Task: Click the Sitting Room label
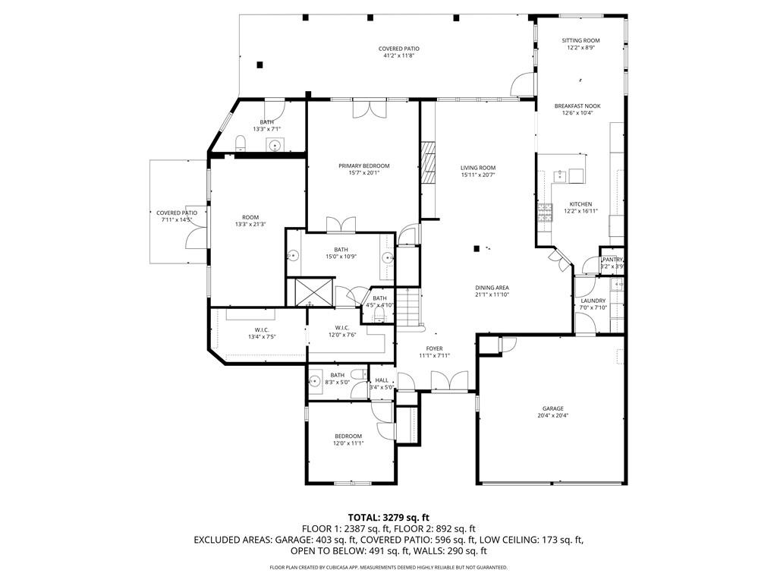click(580, 40)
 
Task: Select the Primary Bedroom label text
click(363, 165)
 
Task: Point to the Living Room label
click(478, 168)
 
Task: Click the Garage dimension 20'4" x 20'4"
click(552, 416)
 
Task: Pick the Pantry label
click(612, 260)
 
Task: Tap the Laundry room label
click(593, 301)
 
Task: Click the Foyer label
click(434, 348)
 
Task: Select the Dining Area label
click(492, 288)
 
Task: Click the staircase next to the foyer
click(410, 307)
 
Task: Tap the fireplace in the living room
click(429, 162)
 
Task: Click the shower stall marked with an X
click(309, 291)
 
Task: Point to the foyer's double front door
click(449, 381)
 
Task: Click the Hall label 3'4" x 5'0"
click(382, 380)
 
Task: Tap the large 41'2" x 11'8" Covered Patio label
click(398, 49)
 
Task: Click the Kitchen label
click(580, 204)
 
